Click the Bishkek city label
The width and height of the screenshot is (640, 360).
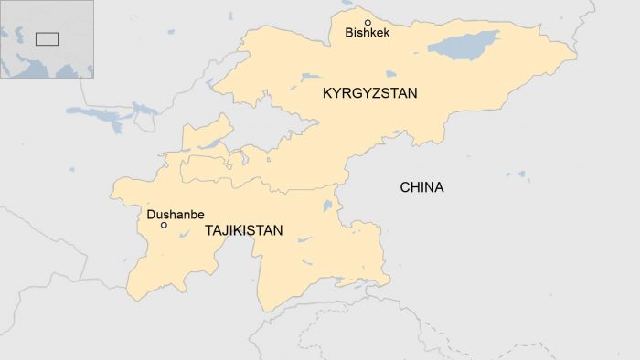[367, 34]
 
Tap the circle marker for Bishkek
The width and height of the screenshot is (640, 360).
[368, 22]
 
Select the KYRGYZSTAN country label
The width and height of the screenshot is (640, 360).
[369, 93]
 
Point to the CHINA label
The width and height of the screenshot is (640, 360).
[421, 188]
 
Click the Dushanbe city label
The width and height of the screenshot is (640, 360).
[175, 215]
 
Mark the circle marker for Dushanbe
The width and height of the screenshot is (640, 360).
[164, 225]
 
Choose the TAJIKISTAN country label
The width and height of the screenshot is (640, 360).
[244, 231]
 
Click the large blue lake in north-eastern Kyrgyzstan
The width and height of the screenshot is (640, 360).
[464, 42]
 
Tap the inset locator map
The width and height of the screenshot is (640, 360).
[47, 38]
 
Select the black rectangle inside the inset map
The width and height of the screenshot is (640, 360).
[47, 38]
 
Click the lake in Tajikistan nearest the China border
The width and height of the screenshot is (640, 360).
[326, 206]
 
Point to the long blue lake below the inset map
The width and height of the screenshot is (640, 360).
[101, 114]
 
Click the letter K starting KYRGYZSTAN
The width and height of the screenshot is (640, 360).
[327, 93]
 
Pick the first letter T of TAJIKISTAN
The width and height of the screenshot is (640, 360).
[209, 231]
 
